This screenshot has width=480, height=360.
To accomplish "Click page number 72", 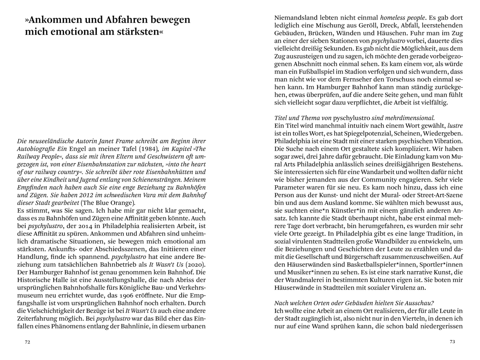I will click(28, 342).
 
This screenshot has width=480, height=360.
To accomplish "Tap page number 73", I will click(452, 342).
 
